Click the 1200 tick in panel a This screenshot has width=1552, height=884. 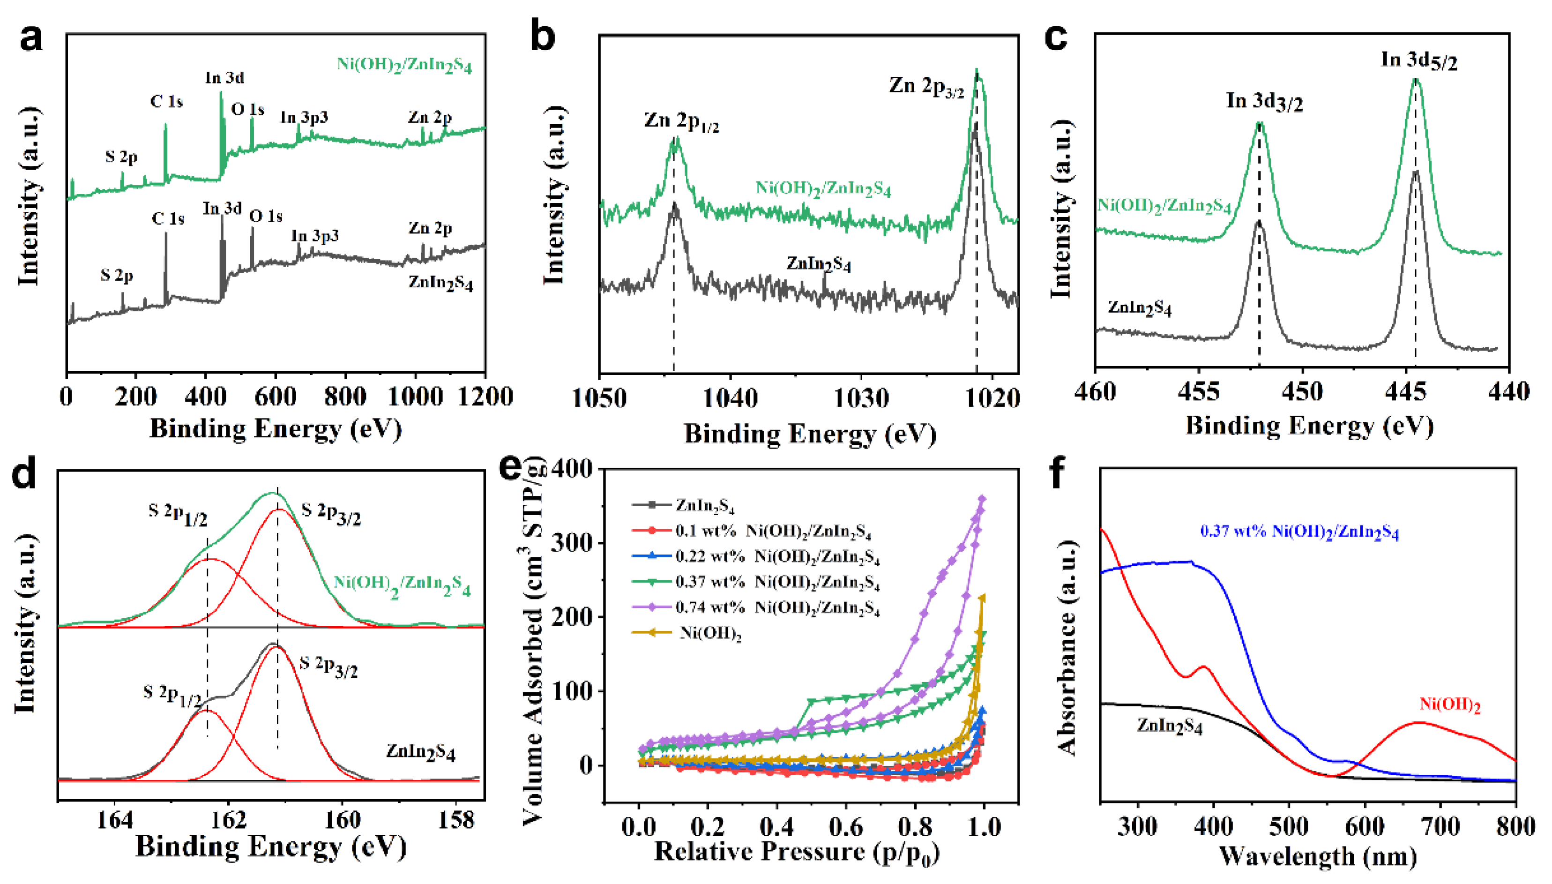click(485, 397)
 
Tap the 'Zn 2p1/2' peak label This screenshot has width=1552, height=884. click(681, 121)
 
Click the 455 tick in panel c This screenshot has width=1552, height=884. click(1198, 391)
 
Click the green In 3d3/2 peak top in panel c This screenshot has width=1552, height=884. click(1260, 125)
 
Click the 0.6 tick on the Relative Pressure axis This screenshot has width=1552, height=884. click(846, 826)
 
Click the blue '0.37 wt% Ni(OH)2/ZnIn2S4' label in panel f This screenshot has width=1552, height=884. click(1299, 532)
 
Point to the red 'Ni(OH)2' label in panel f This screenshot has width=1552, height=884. click(1449, 705)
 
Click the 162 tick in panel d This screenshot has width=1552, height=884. click(228, 820)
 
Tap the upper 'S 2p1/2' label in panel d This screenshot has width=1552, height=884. click(177, 514)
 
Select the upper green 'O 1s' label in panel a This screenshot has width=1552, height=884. click(247, 109)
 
